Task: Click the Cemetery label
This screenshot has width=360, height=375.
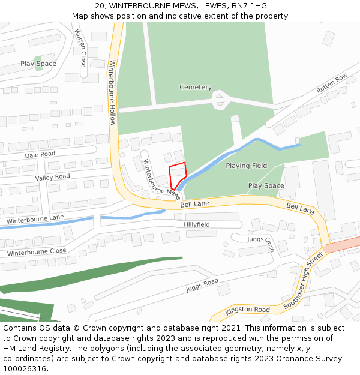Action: click(196, 87)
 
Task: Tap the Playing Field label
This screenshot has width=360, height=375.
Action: click(246, 166)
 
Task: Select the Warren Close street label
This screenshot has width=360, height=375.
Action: click(80, 48)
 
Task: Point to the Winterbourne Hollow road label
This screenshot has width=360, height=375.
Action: click(112, 92)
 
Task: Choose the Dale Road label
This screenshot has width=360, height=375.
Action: click(40, 154)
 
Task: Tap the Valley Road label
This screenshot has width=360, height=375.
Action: click(52, 177)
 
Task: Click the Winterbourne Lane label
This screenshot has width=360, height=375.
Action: click(35, 220)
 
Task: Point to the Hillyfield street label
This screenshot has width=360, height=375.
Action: click(196, 224)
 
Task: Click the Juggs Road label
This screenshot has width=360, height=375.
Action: click(202, 286)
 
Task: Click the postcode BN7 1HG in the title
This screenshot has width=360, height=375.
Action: click(250, 6)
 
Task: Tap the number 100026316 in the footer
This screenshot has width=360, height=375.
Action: click(25, 368)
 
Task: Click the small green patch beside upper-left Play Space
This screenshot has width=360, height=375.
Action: click(39, 64)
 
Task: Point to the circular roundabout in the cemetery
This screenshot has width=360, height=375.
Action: click(221, 99)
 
